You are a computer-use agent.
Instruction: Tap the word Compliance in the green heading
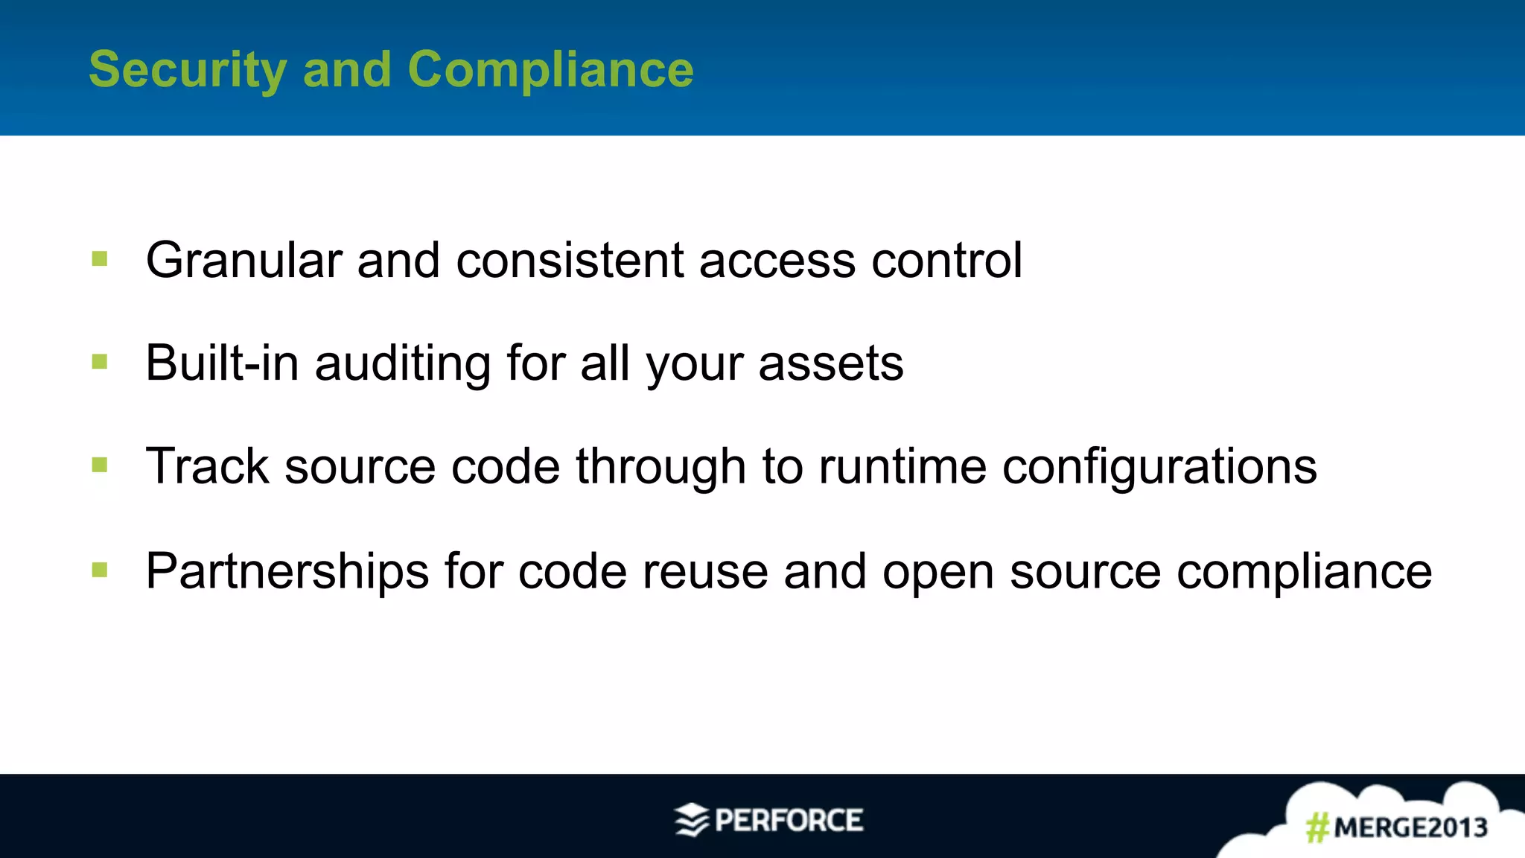click(x=550, y=70)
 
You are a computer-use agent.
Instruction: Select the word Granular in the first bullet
click(x=243, y=261)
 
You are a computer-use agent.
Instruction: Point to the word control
click(x=946, y=261)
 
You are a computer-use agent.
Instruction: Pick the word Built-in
click(x=222, y=363)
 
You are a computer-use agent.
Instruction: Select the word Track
click(x=207, y=467)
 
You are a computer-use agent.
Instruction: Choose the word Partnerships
click(x=287, y=572)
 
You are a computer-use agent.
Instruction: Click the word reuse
click(x=704, y=572)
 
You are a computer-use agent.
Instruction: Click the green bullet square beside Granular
click(x=100, y=259)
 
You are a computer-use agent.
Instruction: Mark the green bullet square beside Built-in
click(x=100, y=362)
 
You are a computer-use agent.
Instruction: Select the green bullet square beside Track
click(x=100, y=465)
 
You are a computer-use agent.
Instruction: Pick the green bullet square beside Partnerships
click(x=100, y=571)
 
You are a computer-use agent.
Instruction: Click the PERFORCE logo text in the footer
click(x=788, y=821)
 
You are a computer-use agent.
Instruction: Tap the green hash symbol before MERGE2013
click(x=1317, y=827)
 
